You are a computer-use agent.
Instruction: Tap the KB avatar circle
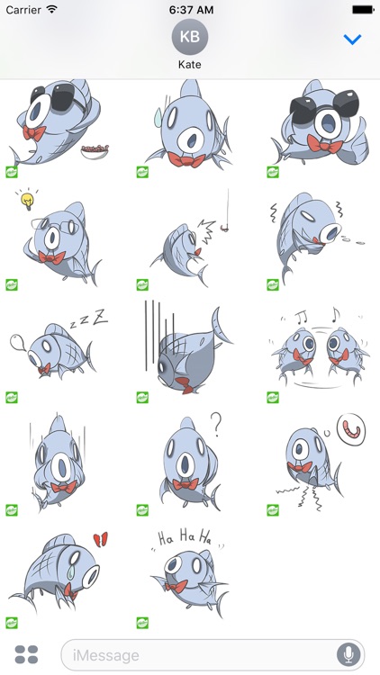190,36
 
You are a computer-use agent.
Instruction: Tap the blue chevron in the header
352,40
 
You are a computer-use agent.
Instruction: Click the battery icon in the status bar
363,8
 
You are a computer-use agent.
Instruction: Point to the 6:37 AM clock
190,8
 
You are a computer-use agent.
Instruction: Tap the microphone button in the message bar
348,654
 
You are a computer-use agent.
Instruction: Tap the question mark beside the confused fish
215,423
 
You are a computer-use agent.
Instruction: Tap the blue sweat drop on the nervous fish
158,115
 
